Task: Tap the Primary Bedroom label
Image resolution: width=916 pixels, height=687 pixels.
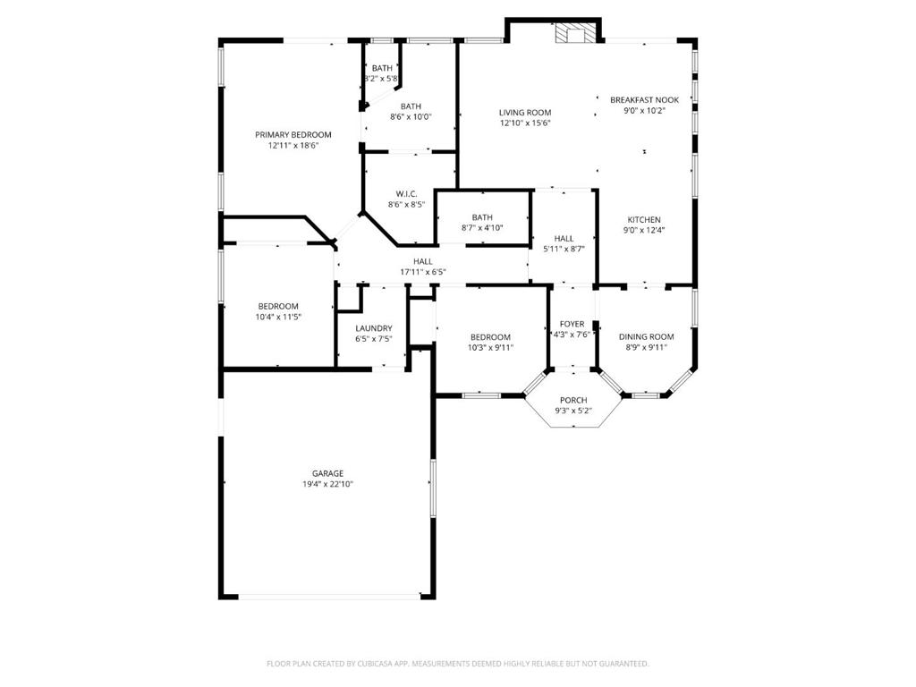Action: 293,135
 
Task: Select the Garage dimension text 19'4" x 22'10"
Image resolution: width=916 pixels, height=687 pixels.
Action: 327,484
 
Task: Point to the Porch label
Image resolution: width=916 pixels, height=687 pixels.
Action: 573,400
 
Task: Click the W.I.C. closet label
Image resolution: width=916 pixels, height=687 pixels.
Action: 407,194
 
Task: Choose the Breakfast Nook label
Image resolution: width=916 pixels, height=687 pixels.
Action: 645,100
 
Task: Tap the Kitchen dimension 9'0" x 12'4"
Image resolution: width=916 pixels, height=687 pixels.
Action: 644,230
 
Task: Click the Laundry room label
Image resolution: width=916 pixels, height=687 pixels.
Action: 374,328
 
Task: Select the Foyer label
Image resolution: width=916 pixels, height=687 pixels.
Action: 572,324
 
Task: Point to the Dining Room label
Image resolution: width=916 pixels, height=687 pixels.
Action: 647,336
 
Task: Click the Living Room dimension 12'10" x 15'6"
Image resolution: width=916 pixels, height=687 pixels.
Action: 525,123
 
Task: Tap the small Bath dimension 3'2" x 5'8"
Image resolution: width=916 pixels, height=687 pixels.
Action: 381,79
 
